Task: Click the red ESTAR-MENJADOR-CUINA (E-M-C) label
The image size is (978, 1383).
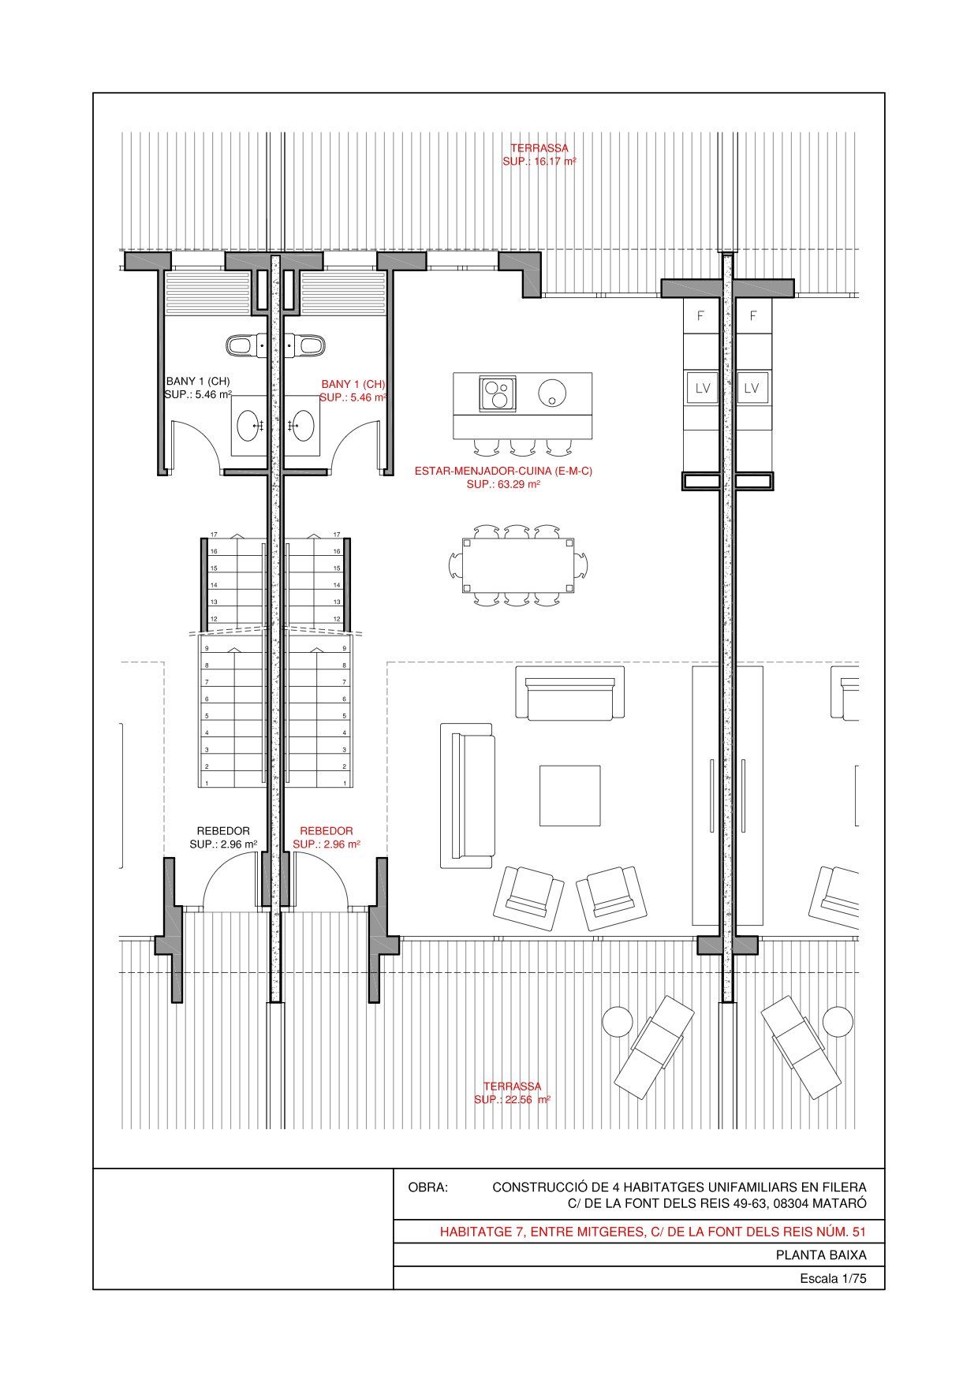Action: pos(503,471)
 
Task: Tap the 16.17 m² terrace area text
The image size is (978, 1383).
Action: pos(539,162)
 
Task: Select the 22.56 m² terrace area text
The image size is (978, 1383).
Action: pos(512,1100)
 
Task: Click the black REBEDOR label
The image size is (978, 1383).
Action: pos(223,831)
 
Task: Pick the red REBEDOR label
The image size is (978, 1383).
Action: pos(327,831)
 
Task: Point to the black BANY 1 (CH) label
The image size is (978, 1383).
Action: pos(198,381)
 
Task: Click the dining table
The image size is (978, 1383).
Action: pos(518,565)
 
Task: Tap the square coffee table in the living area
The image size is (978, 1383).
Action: pos(569,795)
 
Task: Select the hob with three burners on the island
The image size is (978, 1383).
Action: pos(498,393)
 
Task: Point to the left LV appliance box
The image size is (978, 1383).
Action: pos(702,388)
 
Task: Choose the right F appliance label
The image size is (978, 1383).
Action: pos(753,316)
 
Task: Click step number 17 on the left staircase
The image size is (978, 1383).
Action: pos(214,535)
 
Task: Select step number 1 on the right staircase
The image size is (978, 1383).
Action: pos(345,783)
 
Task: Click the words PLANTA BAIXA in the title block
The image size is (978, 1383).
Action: pos(821,1255)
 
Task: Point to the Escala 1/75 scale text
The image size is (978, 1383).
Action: pos(833,1279)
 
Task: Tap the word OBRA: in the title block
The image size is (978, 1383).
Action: pos(427,1187)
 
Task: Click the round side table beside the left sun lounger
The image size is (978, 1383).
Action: pos(618,1023)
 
